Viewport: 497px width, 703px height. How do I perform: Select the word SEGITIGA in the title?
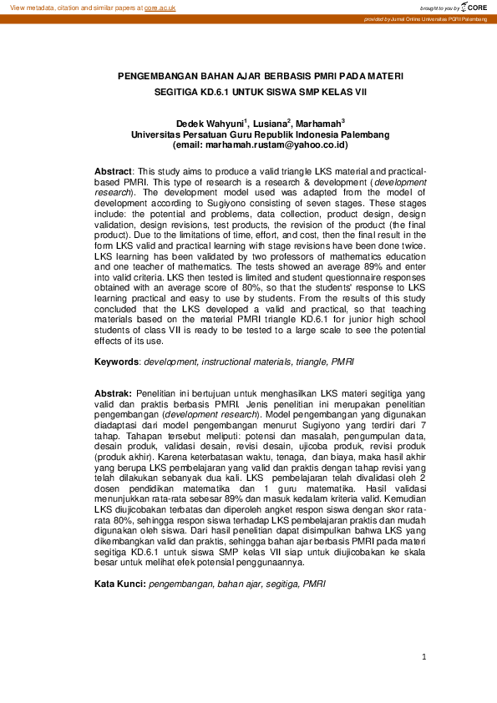[x=177, y=94]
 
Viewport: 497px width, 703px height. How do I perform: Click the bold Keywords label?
[x=116, y=362]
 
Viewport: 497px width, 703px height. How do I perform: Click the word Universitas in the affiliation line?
[x=156, y=134]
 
